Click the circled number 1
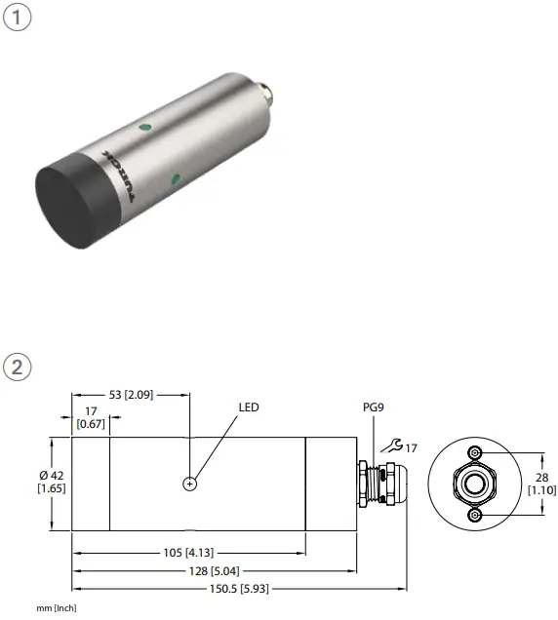pos(18,20)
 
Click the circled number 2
pos(18,368)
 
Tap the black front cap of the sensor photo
pos(74,202)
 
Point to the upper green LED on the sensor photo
pos(145,126)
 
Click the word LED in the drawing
pos(249,407)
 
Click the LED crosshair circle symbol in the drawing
pos(189,484)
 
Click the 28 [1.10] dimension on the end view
pos(541,483)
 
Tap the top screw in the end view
pos(475,454)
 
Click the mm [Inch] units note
pos(57,608)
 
